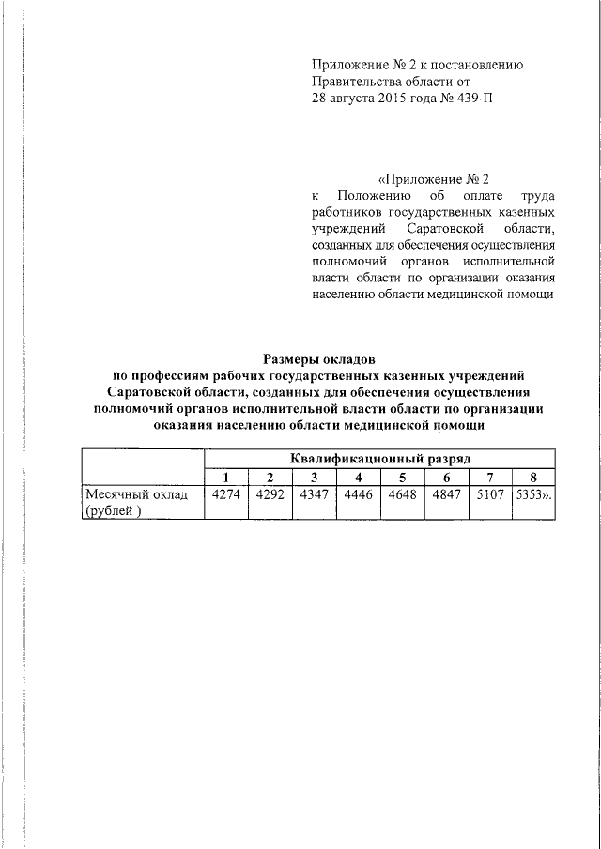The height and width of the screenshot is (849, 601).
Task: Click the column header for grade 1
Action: point(225,477)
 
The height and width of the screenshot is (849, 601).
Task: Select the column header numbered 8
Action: point(533,477)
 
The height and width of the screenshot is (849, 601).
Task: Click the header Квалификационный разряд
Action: point(380,459)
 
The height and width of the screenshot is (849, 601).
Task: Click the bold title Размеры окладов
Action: point(319,358)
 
